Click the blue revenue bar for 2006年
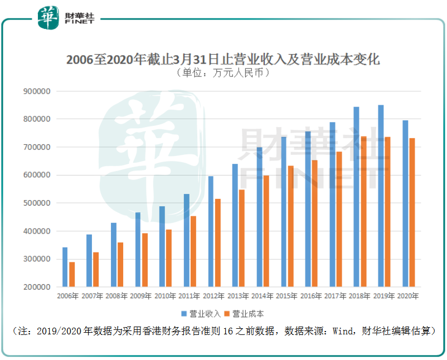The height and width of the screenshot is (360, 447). coord(65,267)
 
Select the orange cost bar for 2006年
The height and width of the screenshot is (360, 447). coord(71,274)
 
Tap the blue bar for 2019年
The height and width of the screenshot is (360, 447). coord(381,196)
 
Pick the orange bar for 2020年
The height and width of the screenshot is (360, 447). coord(412,212)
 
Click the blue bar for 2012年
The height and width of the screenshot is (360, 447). coord(211,231)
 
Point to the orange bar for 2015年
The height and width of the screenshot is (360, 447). coord(290,226)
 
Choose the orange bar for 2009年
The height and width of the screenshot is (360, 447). coord(144,260)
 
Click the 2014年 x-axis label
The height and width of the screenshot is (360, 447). coord(263,296)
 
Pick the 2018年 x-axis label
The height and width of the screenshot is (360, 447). coord(360,296)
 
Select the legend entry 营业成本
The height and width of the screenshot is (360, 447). coord(248,314)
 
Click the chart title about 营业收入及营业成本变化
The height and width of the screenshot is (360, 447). coord(223,60)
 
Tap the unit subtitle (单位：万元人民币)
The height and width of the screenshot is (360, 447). coord(222,73)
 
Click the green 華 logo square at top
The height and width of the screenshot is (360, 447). coord(49,18)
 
